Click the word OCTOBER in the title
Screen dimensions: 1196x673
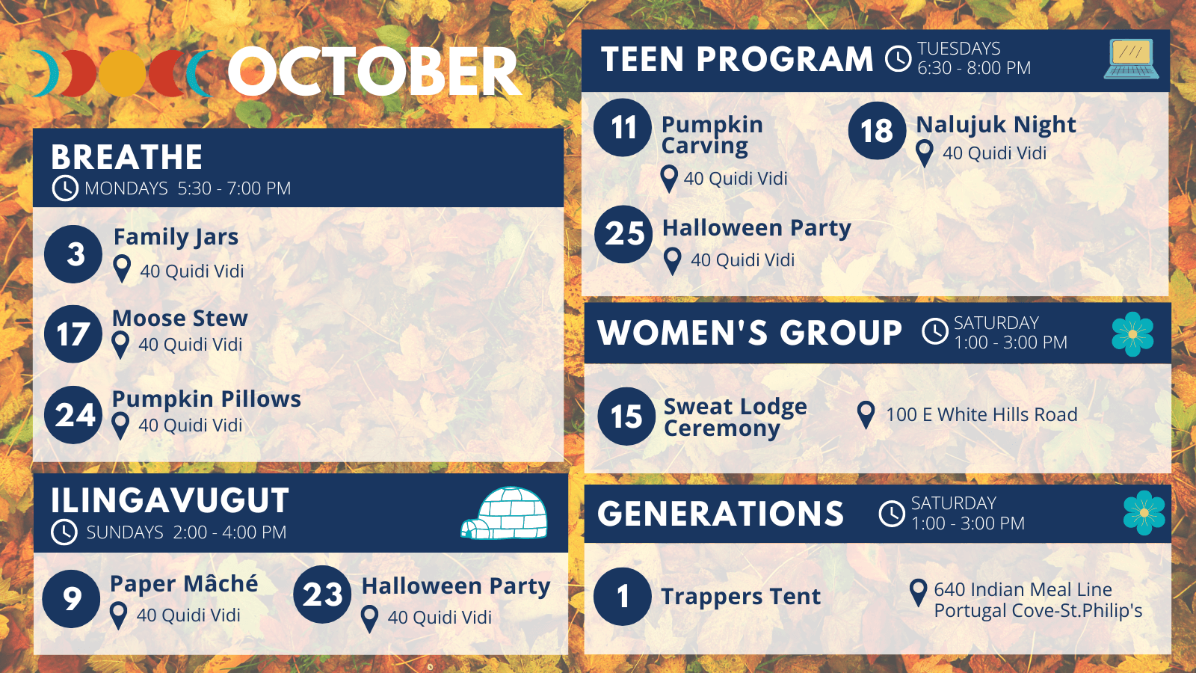coord(374,72)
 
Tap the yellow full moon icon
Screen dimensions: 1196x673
coord(123,74)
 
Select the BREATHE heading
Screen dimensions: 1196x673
coord(126,157)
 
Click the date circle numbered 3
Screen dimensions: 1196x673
coord(73,253)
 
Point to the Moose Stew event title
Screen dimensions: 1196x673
coord(180,319)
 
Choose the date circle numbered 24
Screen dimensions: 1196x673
coord(73,415)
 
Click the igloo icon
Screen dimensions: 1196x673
coord(505,513)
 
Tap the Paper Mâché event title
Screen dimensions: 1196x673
coord(184,583)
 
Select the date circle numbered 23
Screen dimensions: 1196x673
coord(322,594)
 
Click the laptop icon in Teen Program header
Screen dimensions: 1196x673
coord(1132,59)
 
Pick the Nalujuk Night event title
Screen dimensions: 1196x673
coord(996,124)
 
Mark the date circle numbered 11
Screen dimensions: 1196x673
coord(623,128)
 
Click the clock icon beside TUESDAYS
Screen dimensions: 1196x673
coord(898,58)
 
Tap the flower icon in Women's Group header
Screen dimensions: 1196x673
coord(1132,334)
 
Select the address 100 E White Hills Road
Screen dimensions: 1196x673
coord(981,414)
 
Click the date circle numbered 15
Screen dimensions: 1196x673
coord(626,416)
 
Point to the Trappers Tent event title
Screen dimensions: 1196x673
coord(741,597)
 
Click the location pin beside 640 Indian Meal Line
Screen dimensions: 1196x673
coord(918,592)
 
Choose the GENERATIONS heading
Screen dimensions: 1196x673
coord(721,514)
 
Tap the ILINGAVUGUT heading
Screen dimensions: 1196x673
coord(170,500)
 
